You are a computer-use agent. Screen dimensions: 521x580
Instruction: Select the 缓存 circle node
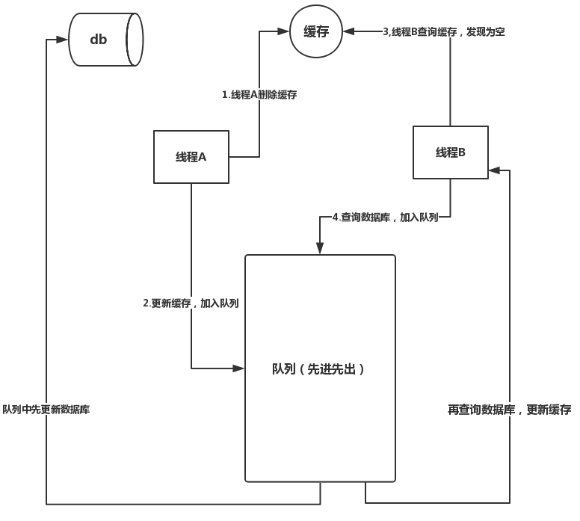click(x=316, y=31)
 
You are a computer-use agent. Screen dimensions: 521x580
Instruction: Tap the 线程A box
click(x=191, y=157)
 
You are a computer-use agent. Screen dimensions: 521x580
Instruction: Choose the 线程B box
click(x=450, y=152)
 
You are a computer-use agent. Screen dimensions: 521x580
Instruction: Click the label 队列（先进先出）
click(x=319, y=369)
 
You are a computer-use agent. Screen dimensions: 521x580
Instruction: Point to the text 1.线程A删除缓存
click(x=259, y=95)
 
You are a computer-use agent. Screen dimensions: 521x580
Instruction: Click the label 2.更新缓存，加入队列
click(x=191, y=303)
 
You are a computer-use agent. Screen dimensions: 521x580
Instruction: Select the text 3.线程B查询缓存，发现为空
click(x=443, y=31)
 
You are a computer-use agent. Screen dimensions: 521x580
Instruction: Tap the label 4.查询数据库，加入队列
click(x=385, y=218)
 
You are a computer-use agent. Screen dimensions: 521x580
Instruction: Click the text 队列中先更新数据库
click(x=46, y=410)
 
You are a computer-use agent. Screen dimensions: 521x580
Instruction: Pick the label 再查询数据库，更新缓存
click(x=509, y=410)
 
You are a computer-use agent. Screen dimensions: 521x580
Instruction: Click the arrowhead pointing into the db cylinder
click(x=64, y=39)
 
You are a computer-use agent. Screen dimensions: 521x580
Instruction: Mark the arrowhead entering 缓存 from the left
click(x=285, y=31)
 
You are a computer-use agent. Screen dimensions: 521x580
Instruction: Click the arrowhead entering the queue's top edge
click(x=320, y=249)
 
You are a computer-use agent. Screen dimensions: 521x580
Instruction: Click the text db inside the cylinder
click(x=99, y=40)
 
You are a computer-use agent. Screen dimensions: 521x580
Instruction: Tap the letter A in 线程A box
click(x=202, y=157)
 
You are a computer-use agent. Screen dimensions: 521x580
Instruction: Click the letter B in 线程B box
click(x=461, y=152)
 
